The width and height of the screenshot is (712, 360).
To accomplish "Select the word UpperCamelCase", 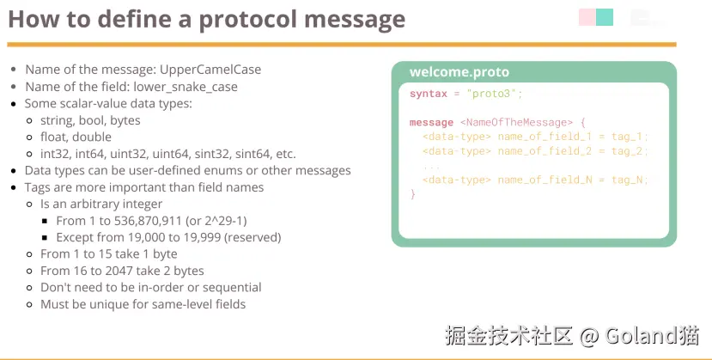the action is click(210, 70).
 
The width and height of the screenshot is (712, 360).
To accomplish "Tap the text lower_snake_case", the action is click(186, 87).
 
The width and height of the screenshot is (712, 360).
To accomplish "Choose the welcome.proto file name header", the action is click(459, 71).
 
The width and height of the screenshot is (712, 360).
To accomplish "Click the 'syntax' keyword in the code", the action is click(429, 94).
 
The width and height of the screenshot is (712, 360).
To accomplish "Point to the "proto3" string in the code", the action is click(492, 94).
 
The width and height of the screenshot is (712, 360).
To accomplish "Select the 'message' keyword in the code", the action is click(431, 123).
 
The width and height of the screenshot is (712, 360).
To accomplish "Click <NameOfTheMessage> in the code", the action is click(516, 123).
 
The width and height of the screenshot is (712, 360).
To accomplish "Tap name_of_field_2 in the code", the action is click(545, 151).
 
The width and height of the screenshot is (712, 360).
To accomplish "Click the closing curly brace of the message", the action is click(413, 194).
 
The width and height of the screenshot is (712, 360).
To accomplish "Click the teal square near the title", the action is click(605, 17).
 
